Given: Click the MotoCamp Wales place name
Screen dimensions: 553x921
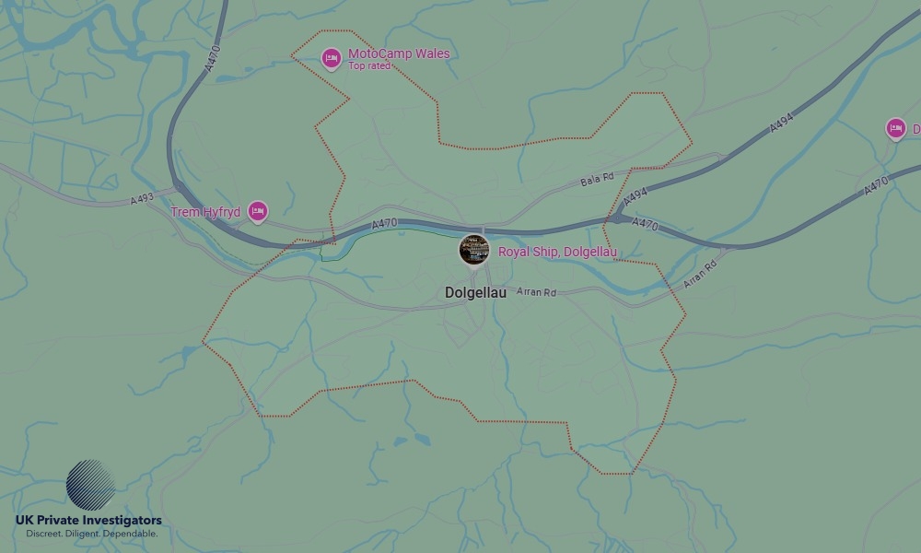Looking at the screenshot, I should pos(399,53).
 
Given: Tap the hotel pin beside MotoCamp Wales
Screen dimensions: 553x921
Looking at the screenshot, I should pos(332,58).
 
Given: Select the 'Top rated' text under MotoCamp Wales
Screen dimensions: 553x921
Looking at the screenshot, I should pos(368,66).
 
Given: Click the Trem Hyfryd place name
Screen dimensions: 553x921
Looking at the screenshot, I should pos(205,212).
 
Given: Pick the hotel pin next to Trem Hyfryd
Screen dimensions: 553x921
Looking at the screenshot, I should pos(258,211).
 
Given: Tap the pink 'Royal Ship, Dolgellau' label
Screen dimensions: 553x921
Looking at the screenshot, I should pos(557,252).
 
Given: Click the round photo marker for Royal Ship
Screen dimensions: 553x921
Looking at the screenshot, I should pos(473,249).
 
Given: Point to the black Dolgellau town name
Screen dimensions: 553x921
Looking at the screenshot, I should pos(475,293).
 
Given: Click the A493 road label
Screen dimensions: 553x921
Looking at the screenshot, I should pos(143,198).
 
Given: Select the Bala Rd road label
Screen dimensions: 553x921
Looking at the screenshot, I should pos(597,180).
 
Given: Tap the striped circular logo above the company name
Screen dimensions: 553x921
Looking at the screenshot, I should pos(90,485).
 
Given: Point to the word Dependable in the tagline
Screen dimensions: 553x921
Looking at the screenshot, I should pos(130,534).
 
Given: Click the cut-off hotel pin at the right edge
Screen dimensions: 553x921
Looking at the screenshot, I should pos(895,129).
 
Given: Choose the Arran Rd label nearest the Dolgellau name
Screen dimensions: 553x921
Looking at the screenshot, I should pos(537,292).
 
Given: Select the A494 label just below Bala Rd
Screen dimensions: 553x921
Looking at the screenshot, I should pos(635,197).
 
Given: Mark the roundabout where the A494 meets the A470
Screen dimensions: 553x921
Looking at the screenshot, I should pos(615,219).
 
